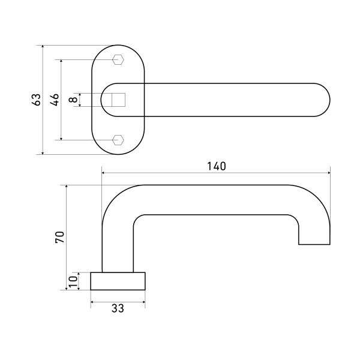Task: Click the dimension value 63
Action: pyautogui.click(x=37, y=100)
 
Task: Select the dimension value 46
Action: pyautogui.click(x=55, y=100)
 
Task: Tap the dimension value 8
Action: pyautogui.click(x=73, y=100)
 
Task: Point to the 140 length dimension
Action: pyautogui.click(x=217, y=166)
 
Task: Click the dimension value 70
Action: pyautogui.click(x=60, y=237)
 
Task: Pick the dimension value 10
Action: pyautogui.click(x=73, y=281)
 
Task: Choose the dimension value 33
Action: pyautogui.click(x=118, y=308)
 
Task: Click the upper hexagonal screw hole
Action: pyautogui.click(x=118, y=59)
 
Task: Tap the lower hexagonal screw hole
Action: pyautogui.click(x=118, y=140)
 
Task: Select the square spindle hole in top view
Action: pyautogui.click(x=118, y=100)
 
